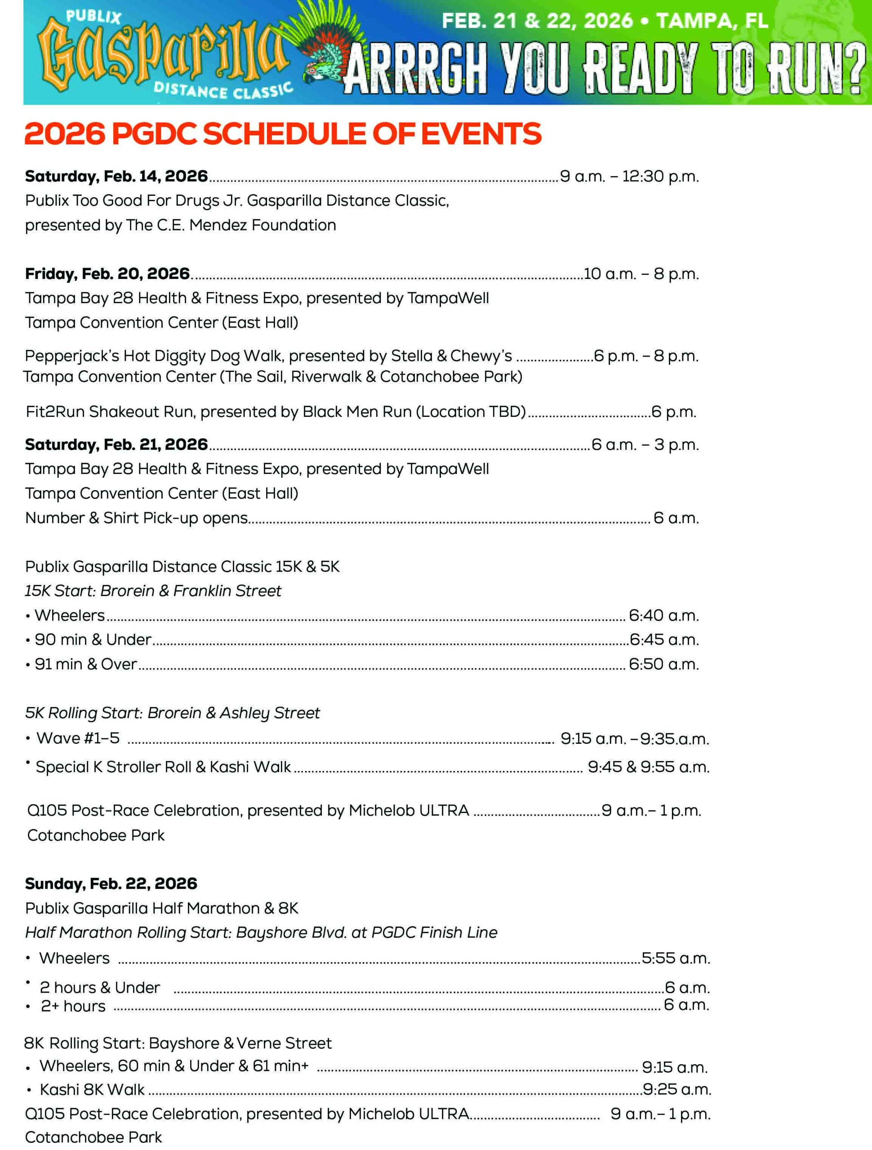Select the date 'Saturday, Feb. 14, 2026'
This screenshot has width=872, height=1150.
click(x=116, y=176)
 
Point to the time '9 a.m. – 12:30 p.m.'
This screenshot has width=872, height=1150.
click(x=629, y=176)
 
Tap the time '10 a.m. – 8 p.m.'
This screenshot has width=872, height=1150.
click(x=641, y=274)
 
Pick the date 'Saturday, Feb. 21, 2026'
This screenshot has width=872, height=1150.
click(x=116, y=445)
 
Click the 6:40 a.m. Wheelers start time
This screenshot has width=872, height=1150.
click(x=663, y=615)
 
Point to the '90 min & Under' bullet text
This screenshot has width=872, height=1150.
click(x=93, y=640)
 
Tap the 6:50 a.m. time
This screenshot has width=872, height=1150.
click(x=663, y=664)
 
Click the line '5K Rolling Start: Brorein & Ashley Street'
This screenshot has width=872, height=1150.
click(x=172, y=712)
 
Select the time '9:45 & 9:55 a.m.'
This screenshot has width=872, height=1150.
click(x=648, y=767)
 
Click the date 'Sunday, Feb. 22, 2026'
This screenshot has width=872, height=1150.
click(x=111, y=883)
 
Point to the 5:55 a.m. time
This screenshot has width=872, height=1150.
click(x=675, y=958)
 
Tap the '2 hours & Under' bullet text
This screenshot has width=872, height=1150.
click(x=100, y=987)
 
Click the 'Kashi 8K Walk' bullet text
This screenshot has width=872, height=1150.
click(x=92, y=1089)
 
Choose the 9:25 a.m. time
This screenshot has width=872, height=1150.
click(x=676, y=1089)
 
